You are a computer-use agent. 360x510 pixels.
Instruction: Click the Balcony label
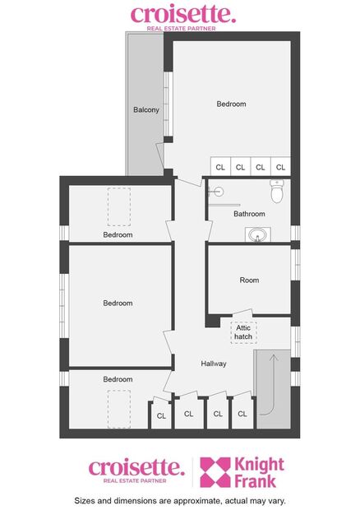145,110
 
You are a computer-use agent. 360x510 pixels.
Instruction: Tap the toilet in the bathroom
277,192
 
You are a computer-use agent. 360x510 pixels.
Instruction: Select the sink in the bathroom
258,236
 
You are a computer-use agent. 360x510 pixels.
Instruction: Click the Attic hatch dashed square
243,331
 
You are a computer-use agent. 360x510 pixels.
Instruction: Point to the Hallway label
214,364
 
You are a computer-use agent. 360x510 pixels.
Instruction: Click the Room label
249,280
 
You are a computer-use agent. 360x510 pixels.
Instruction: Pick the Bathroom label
249,214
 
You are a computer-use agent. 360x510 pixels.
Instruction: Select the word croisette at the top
171,14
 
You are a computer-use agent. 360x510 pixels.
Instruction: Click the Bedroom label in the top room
231,104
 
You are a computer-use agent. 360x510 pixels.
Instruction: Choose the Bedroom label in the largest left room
118,304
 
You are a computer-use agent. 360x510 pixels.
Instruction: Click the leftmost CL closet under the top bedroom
220,167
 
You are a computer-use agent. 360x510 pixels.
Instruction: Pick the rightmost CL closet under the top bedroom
280,167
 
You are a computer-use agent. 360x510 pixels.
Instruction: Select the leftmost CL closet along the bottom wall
161,416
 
